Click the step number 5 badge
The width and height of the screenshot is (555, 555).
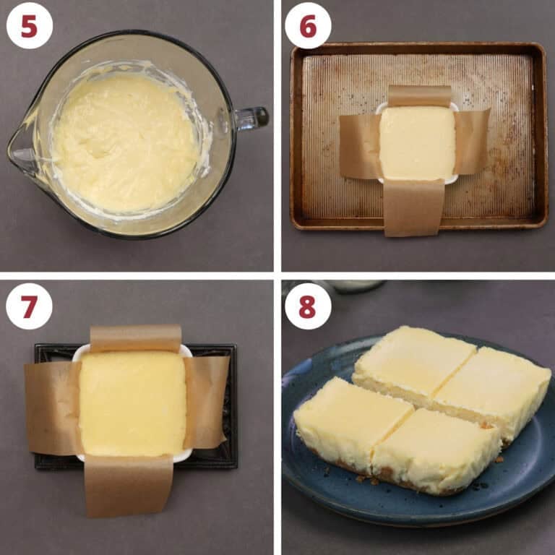pyautogui.click(x=30, y=25)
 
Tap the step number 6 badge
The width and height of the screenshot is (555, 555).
pyautogui.click(x=308, y=25)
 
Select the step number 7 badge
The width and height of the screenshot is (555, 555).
pyautogui.click(x=29, y=306)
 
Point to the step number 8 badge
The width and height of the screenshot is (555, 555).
pyautogui.click(x=308, y=306)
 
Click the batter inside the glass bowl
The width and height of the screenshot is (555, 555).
pyautogui.click(x=126, y=142)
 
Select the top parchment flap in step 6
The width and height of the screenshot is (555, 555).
pyautogui.click(x=420, y=96)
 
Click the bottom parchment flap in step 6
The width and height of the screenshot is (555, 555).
pyautogui.click(x=414, y=207)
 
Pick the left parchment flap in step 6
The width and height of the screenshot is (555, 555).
pyautogui.click(x=360, y=146)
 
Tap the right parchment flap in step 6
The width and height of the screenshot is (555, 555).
pyautogui.click(x=471, y=142)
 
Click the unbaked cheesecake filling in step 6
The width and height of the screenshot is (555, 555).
pyautogui.click(x=418, y=142)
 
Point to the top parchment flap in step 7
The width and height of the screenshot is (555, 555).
pyautogui.click(x=136, y=338)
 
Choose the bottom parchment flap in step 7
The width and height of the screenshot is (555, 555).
pyautogui.click(x=129, y=486)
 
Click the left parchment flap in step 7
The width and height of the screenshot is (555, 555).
pyautogui.click(x=53, y=408)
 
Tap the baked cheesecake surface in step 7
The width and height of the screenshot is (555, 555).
pyautogui.click(x=132, y=403)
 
